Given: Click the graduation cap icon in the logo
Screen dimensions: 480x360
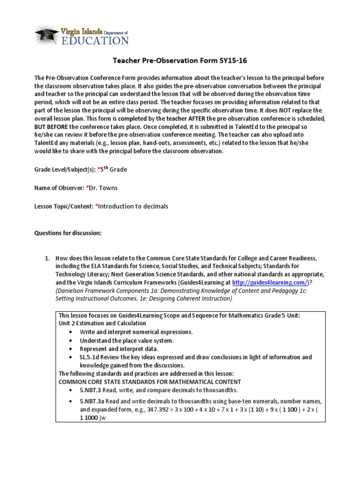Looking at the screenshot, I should click(45, 34).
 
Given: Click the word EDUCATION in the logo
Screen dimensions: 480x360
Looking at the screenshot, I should click(94, 41).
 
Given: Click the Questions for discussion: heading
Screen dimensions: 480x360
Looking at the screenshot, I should click(65, 233).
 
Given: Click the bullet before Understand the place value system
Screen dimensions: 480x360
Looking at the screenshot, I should click(70, 340).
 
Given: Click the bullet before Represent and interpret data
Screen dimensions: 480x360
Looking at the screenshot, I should click(70, 349).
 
